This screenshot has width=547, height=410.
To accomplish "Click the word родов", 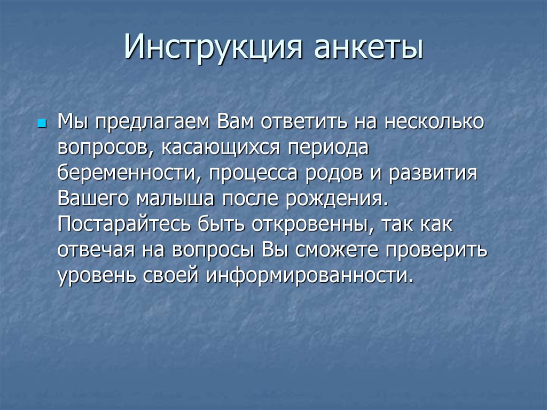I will point(329,173).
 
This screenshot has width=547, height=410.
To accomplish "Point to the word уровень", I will point(97,276).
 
